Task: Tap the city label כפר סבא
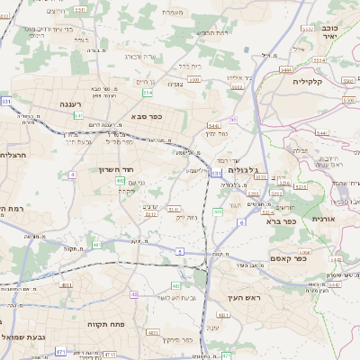(x=145, y=116)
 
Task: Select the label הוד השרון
(x=116, y=168)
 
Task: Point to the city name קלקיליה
(x=333, y=81)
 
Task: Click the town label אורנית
(x=323, y=219)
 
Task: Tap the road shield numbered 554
(x=148, y=92)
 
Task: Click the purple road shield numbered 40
(x=134, y=294)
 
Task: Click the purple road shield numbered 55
(x=233, y=120)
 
